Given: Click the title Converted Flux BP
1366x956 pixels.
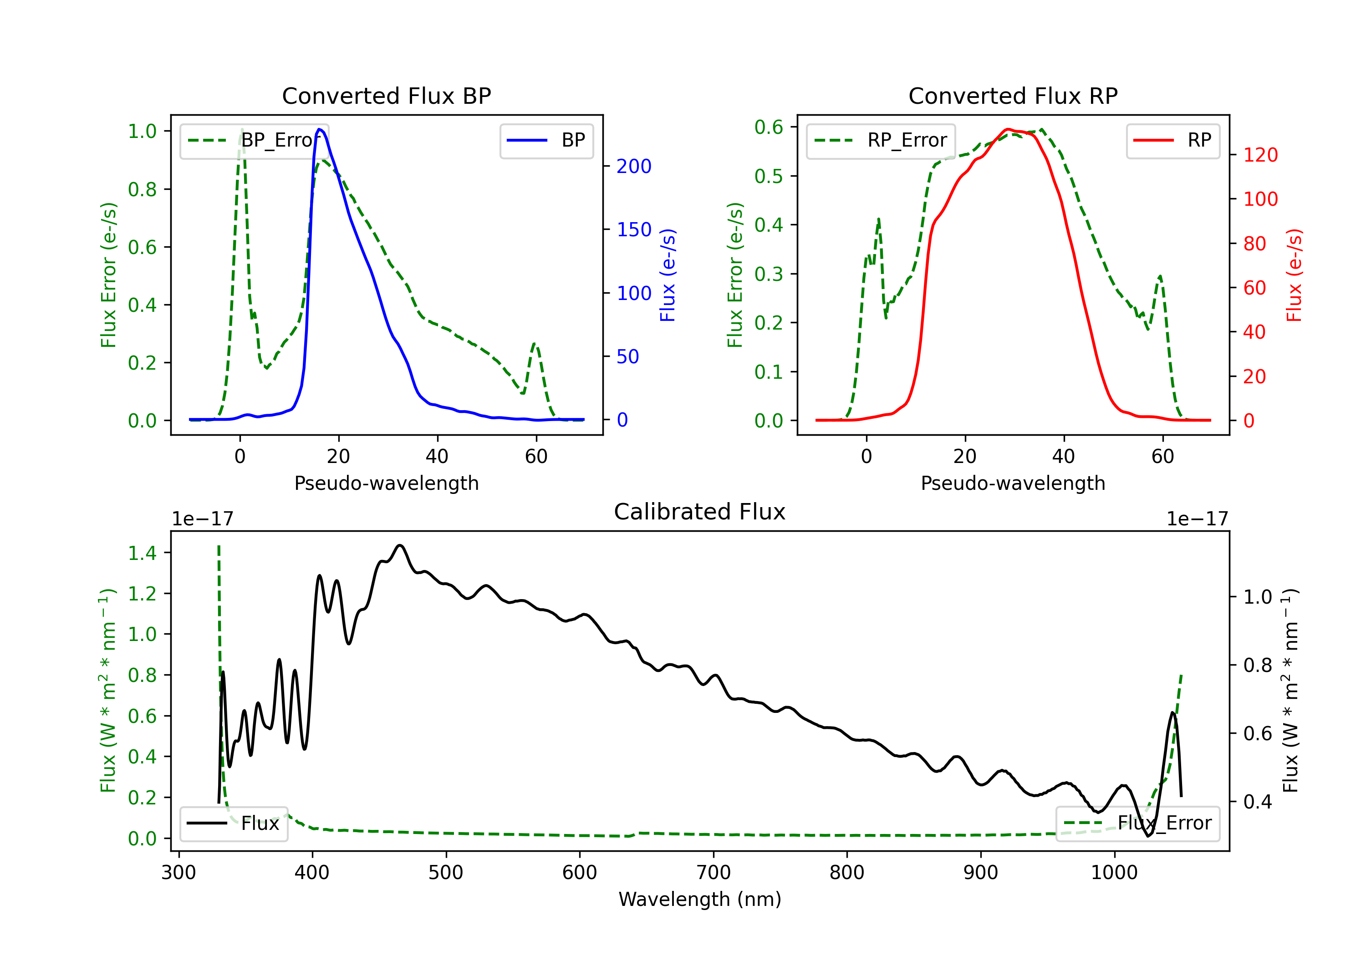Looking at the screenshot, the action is point(386,96).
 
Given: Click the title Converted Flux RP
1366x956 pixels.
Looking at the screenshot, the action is point(1013,96).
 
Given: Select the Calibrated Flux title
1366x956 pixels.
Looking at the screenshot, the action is point(700,512).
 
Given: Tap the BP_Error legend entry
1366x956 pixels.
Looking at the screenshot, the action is point(254,140).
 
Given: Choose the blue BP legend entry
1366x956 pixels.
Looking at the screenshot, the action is point(546,140).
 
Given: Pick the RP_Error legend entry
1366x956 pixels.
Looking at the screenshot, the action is point(881,140).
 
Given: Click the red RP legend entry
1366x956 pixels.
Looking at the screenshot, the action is point(1172,140).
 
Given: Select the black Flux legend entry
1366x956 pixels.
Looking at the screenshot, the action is point(233,824).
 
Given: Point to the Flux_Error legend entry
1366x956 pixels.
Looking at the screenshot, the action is point(1137,824).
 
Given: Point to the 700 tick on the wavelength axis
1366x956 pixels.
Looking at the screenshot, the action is point(714,872).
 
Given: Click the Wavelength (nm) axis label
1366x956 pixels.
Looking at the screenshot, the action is point(700,899).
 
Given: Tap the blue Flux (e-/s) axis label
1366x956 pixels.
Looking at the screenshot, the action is point(668,275).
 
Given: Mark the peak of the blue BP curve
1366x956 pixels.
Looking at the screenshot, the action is point(320,129).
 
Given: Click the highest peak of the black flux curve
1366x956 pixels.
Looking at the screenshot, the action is point(400,545).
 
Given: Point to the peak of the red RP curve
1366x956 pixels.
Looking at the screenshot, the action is point(1008,129).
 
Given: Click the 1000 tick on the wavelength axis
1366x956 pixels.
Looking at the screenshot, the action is point(1114,872).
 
